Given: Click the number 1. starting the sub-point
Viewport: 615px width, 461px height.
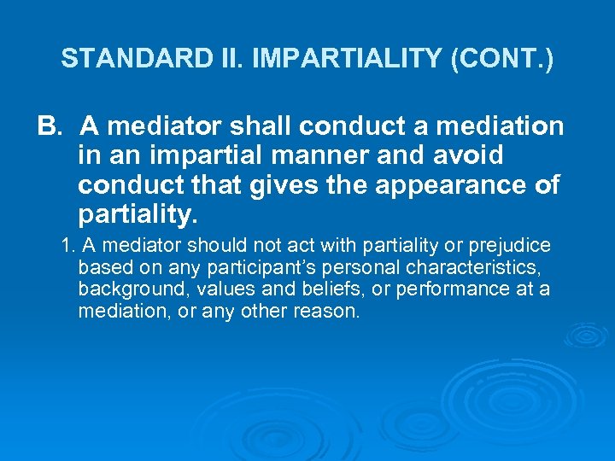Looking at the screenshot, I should [x=69, y=246].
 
